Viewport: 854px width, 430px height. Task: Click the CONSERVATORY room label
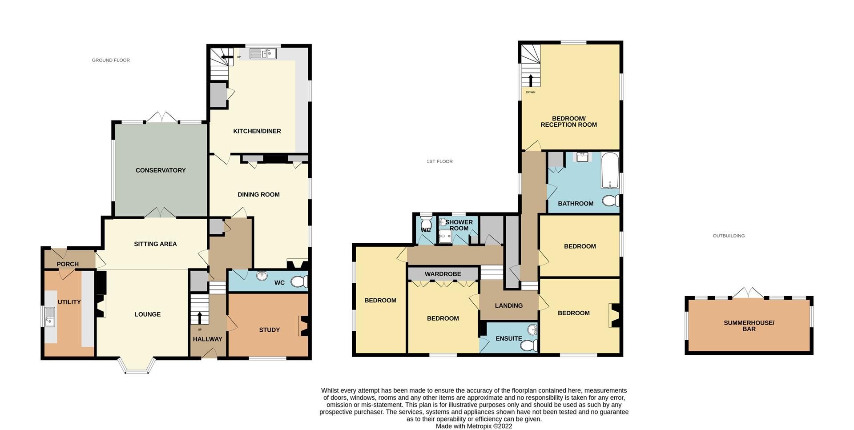(161, 170)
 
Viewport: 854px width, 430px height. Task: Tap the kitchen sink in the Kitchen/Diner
(263, 54)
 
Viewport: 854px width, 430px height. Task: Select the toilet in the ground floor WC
(299, 281)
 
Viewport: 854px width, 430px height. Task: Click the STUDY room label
(269, 330)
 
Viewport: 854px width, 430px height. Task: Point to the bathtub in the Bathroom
(610, 171)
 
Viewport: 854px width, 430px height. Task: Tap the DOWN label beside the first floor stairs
(531, 92)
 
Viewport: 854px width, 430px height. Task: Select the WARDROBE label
(443, 274)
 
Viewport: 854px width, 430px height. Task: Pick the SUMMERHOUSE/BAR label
(749, 326)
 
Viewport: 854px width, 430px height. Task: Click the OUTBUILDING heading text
(729, 236)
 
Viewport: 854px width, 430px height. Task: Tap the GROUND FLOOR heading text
(111, 60)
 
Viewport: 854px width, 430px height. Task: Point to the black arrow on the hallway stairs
(199, 317)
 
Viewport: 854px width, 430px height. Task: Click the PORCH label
(68, 264)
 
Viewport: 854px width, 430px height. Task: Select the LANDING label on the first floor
(508, 305)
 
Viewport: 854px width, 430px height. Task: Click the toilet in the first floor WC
(426, 222)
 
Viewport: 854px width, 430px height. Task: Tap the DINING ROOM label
(258, 194)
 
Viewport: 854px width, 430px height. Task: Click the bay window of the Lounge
(137, 366)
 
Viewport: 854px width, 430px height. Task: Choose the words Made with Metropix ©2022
(474, 426)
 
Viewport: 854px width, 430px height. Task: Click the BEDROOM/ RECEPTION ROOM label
(568, 121)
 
